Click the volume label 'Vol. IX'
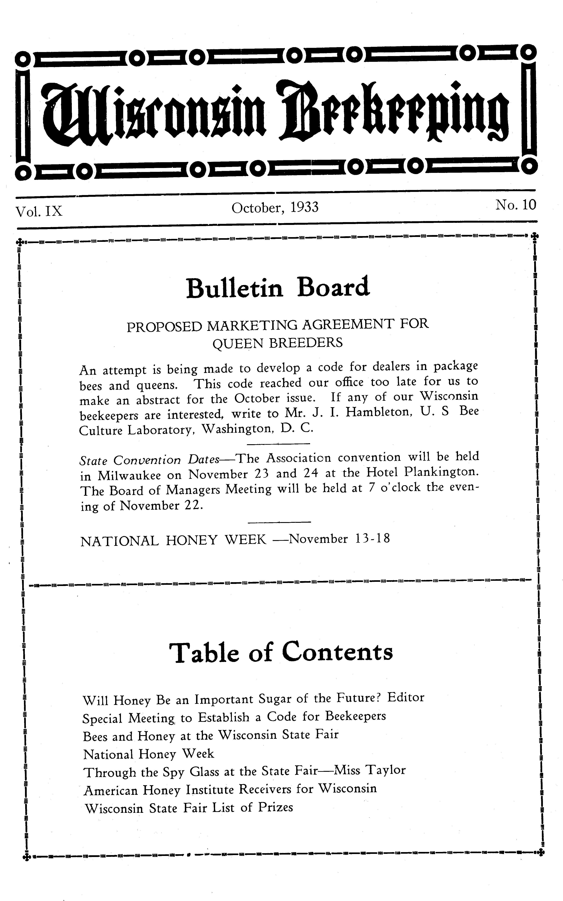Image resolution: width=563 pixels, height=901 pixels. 39,211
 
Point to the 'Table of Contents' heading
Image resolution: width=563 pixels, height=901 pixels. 281,652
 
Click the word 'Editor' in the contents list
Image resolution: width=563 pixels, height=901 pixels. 406,697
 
